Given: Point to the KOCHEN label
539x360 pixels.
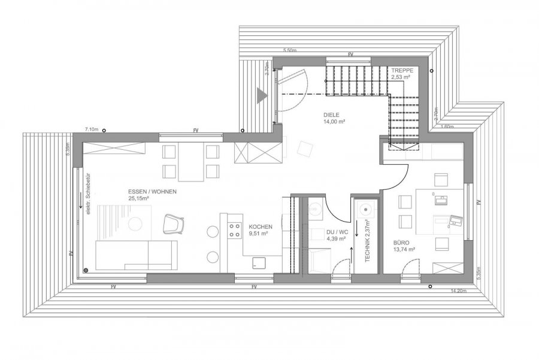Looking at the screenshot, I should (x=261, y=227).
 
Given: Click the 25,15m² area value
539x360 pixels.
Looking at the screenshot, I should (x=139, y=199).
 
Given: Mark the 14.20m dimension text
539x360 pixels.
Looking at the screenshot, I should (x=458, y=291).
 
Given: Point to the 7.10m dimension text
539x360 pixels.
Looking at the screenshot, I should (x=91, y=129).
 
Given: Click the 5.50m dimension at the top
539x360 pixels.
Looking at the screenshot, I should (x=290, y=50).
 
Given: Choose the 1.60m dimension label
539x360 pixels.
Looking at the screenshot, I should (x=447, y=127).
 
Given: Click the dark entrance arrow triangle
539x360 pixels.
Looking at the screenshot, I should (x=261, y=94).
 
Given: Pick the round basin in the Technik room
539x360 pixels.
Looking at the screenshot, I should (x=365, y=210).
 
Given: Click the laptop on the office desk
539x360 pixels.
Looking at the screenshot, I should (x=456, y=220).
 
